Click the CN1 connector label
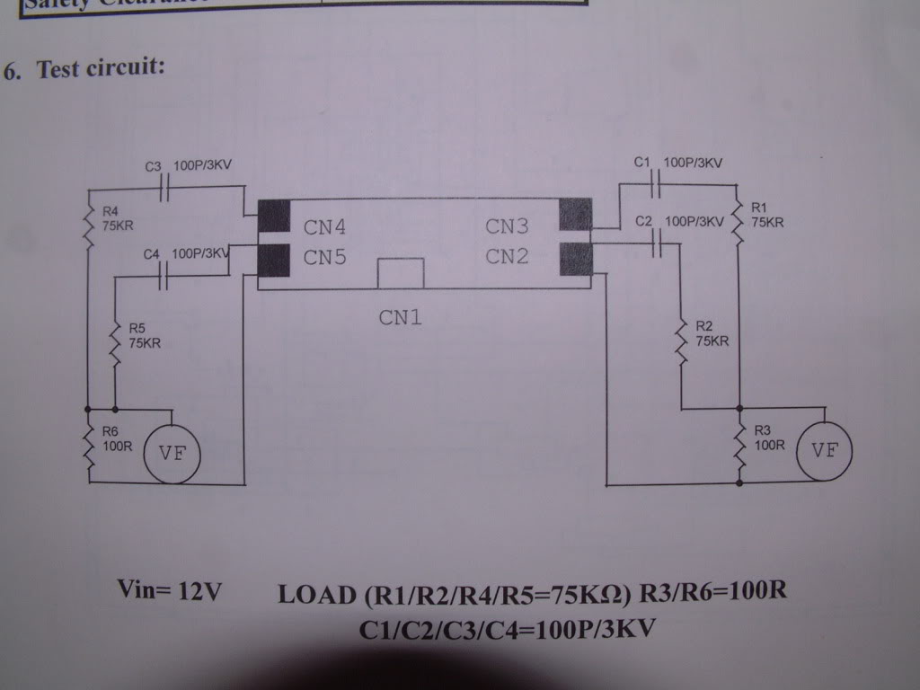point(400,317)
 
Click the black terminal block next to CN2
point(576,260)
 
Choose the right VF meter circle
point(824,450)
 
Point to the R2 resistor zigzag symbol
point(682,341)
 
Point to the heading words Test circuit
point(99,69)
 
